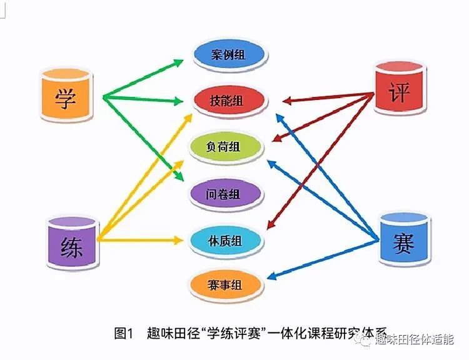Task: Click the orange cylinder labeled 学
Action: (x=66, y=96)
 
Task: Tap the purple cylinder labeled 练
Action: (x=73, y=243)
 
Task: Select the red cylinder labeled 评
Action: (x=400, y=88)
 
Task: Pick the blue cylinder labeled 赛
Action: (x=405, y=239)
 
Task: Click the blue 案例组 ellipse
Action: (x=229, y=55)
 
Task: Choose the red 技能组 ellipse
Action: (x=229, y=101)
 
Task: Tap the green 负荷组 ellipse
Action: (x=226, y=147)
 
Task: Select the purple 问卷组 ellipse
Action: (x=226, y=194)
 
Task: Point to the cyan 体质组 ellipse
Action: (x=226, y=241)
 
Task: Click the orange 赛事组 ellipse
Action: (x=226, y=285)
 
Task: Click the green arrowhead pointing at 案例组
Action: (x=179, y=62)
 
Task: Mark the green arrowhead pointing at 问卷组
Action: (x=179, y=176)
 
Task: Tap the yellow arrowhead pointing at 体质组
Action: (x=178, y=240)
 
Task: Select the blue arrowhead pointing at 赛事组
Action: (x=271, y=276)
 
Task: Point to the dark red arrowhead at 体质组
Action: (x=270, y=224)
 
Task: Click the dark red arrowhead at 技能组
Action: (x=287, y=101)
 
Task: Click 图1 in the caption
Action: (x=123, y=333)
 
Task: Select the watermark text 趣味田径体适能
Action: (x=415, y=339)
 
